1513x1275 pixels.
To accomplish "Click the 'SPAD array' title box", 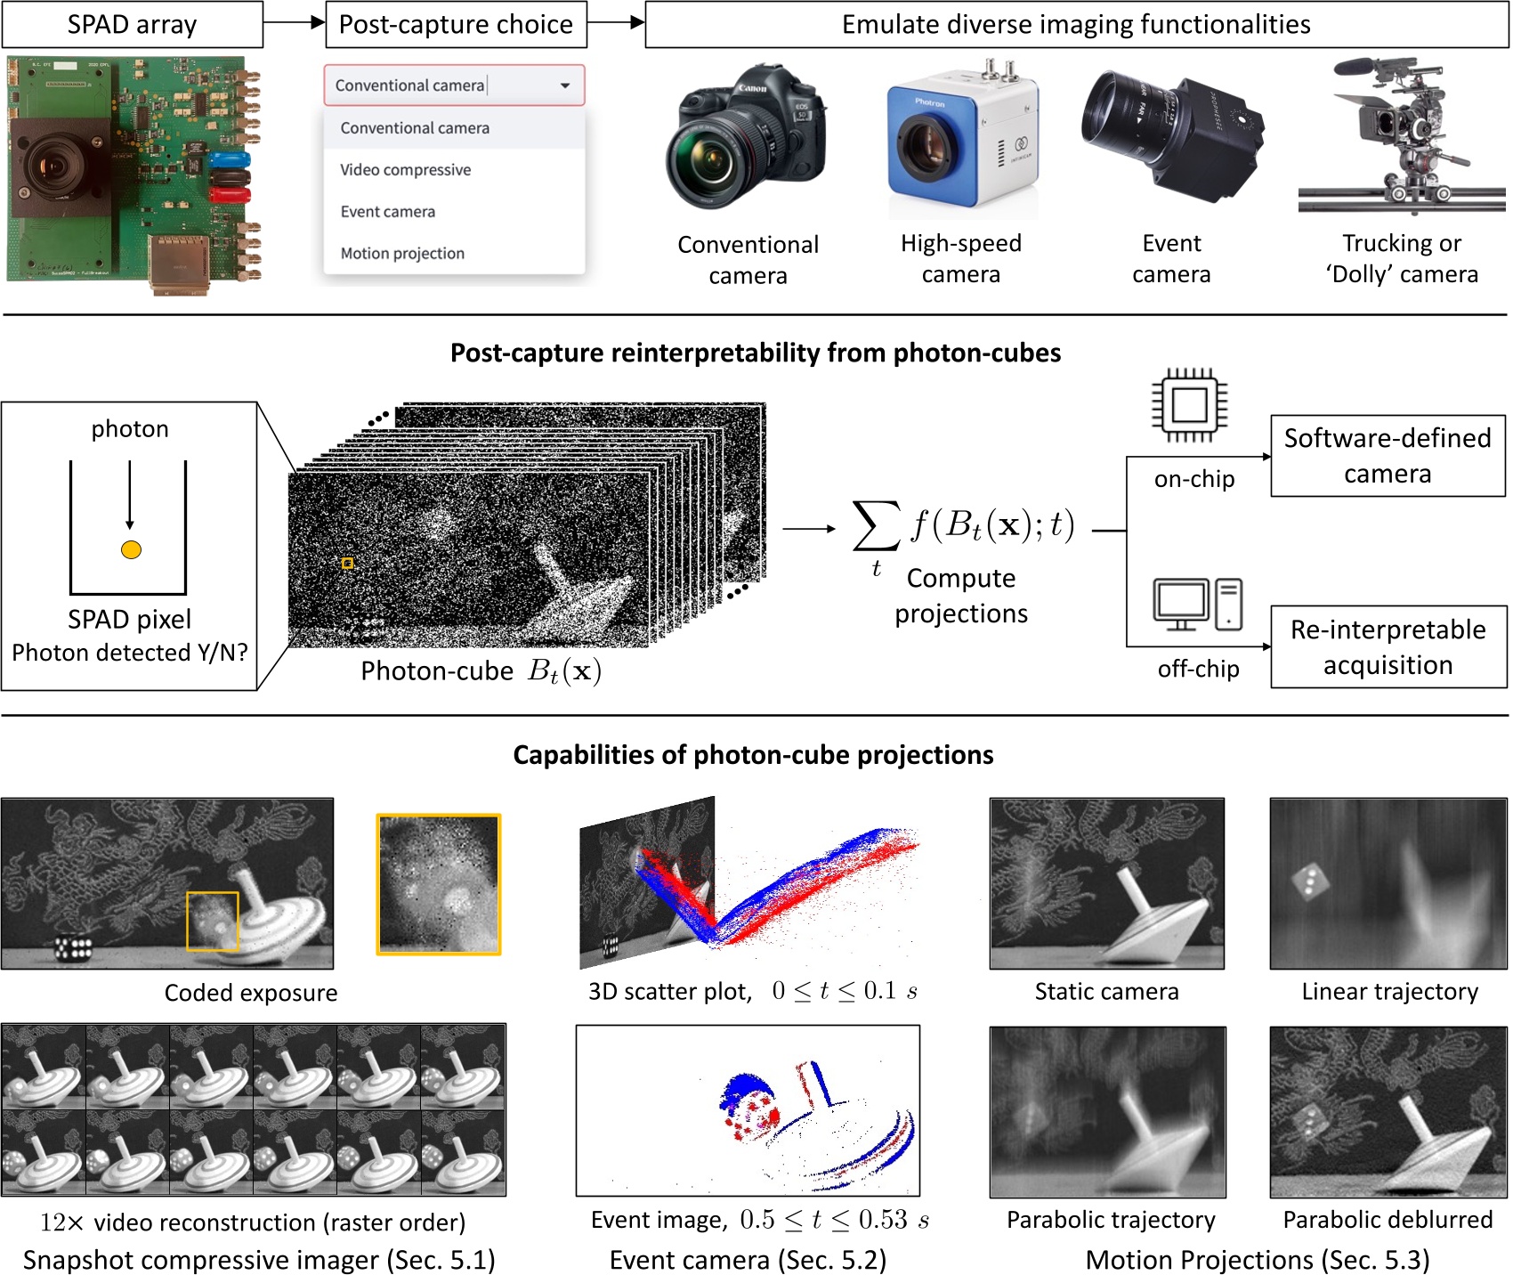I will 132,24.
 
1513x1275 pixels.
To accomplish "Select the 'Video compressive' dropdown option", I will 405,170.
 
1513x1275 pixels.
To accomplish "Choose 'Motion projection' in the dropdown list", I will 402,254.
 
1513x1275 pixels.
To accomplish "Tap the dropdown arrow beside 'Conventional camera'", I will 565,85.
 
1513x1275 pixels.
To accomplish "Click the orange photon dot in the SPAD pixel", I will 131,549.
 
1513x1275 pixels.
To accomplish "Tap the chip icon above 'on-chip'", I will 1189,406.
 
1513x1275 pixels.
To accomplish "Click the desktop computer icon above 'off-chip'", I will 1197,605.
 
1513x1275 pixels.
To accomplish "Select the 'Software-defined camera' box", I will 1387,456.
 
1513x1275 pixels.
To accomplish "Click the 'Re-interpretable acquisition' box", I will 1388,647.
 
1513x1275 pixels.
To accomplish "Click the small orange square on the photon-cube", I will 347,563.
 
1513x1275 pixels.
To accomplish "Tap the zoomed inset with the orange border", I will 439,884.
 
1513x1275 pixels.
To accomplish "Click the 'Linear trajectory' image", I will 1388,883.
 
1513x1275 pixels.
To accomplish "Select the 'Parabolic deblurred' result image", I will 1388,1111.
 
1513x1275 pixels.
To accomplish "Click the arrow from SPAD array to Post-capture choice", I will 294,23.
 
